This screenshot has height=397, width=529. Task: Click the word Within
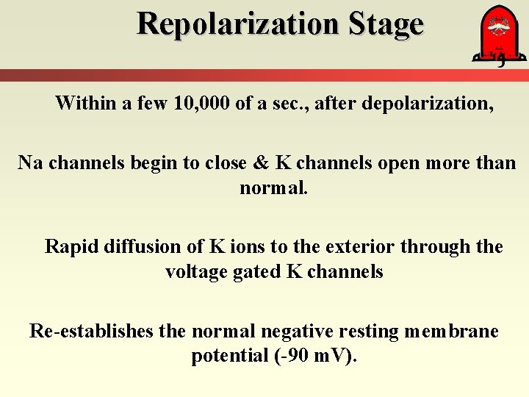[85, 103]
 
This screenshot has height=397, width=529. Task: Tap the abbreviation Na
[29, 162]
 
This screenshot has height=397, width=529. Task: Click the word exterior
[352, 246]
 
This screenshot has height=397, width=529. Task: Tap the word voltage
[195, 272]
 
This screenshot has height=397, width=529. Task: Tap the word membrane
[451, 331]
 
